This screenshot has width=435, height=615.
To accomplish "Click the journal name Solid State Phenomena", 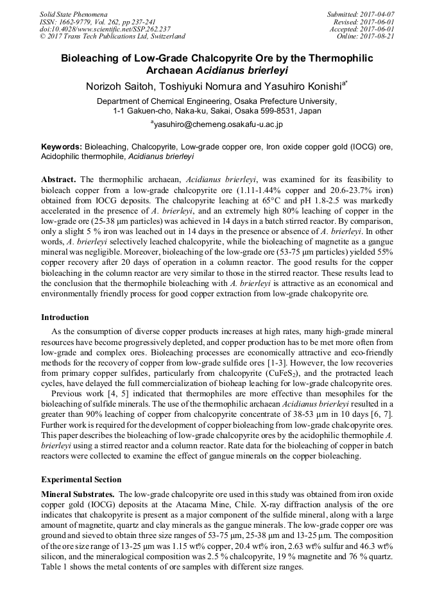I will coord(73,13).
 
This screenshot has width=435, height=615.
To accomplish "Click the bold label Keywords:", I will coord(62,146).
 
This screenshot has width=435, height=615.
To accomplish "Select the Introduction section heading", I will coord(65,317).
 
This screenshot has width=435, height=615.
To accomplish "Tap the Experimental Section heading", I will coord(81,479).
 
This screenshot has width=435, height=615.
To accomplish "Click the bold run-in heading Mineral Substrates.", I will coord(78,494).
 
